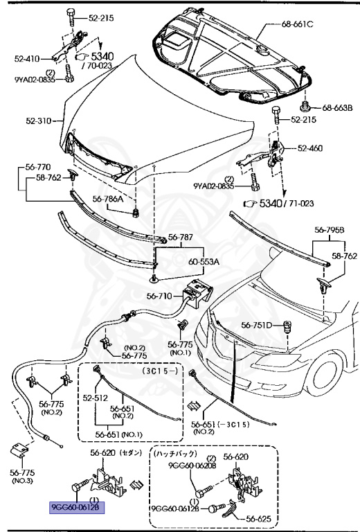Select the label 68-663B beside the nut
337,107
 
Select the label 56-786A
107,199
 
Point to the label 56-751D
258,324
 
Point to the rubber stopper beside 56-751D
285,326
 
